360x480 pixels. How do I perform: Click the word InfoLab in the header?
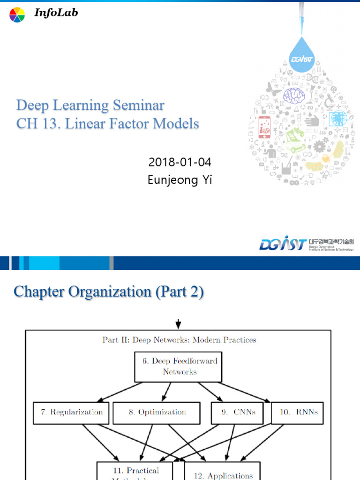56,13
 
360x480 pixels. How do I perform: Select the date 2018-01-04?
180,163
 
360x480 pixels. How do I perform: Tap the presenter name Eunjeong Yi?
180,180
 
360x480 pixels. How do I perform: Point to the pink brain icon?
294,96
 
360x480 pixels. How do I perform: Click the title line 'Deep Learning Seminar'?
90,105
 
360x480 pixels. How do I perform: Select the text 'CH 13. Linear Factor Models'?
108,124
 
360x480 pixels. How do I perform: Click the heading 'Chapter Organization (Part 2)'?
109,292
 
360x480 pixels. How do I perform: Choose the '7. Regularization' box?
71,412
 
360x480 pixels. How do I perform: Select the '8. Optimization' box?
157,412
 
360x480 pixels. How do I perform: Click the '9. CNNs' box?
239,412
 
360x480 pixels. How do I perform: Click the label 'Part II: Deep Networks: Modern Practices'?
180,340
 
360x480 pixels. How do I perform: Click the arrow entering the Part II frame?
178,324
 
